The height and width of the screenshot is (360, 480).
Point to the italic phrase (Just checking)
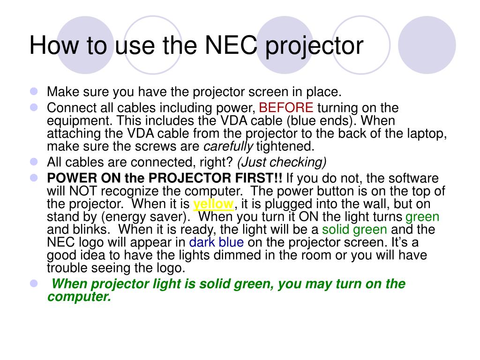(x=282, y=162)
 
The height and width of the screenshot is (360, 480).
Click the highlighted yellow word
(x=213, y=204)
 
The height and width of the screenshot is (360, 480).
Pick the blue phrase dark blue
(x=216, y=242)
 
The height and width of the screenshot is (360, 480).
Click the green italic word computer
(x=79, y=297)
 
